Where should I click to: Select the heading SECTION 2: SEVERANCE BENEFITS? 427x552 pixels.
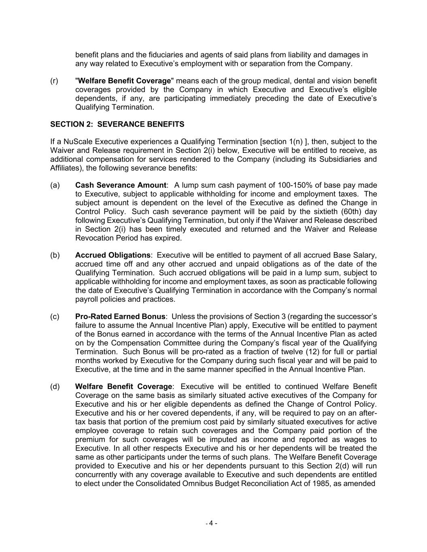(x=117, y=124)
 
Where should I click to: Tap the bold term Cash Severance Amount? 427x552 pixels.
(x=121, y=185)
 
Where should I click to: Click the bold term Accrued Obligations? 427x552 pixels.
(x=113, y=255)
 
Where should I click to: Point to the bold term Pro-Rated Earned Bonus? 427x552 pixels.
(x=120, y=317)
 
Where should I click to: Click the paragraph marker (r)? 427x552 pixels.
(x=54, y=81)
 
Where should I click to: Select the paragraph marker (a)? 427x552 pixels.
(x=55, y=185)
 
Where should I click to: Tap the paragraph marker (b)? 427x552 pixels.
(x=55, y=255)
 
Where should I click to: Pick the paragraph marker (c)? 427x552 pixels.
(x=55, y=317)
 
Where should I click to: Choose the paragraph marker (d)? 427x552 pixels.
(x=55, y=387)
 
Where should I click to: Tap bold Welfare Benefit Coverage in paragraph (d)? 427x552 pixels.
(x=123, y=387)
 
